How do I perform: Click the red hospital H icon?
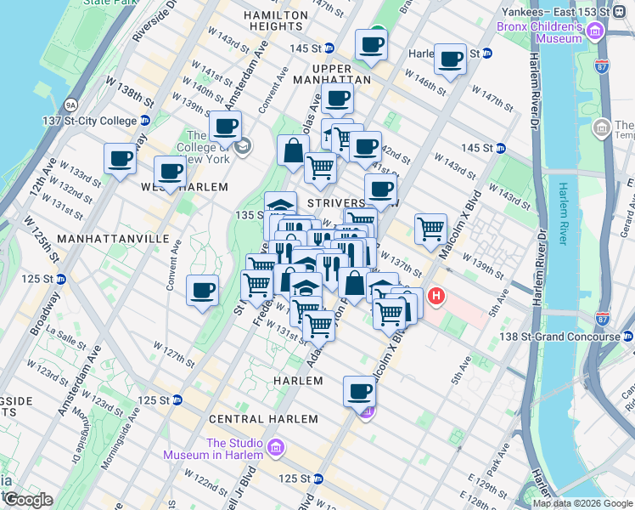click(x=436, y=297)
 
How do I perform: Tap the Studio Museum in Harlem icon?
click(x=275, y=447)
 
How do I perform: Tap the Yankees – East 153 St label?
click(x=554, y=13)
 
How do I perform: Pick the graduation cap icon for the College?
click(x=243, y=147)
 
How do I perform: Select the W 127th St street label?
click(x=172, y=353)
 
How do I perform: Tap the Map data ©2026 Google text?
click(x=582, y=503)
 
